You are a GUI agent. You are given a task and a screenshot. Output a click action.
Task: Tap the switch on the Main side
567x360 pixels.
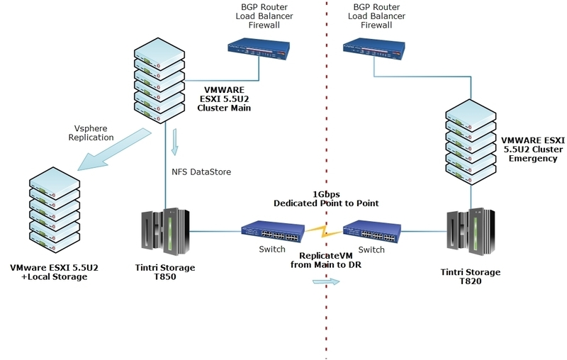272,231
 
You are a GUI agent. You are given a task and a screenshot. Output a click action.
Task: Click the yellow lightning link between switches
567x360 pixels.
322,231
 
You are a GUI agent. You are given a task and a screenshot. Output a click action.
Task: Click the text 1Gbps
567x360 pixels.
326,193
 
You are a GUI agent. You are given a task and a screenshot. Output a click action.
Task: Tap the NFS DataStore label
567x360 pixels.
201,171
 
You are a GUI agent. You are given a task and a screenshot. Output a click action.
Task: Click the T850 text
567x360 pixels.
164,278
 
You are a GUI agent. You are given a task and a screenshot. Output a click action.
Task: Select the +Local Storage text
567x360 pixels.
54,277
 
